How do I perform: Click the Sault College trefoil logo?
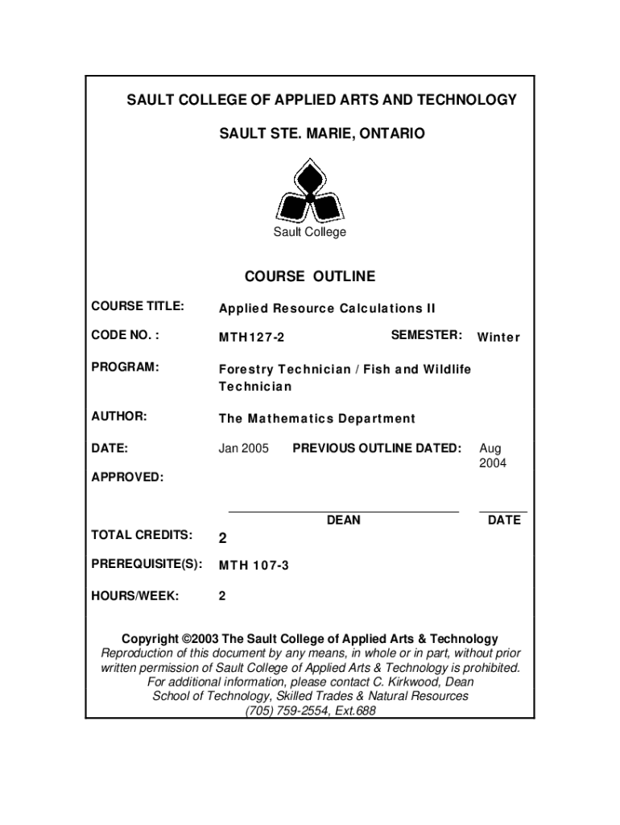tap(309, 191)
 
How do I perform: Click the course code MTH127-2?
tap(251, 338)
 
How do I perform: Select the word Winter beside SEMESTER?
tap(498, 338)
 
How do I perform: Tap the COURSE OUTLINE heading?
tap(309, 276)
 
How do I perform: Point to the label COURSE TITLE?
tap(138, 307)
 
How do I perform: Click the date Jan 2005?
tap(244, 448)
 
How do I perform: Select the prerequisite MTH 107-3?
tap(254, 566)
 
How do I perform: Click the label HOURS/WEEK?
tap(135, 596)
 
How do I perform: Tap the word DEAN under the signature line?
tap(343, 520)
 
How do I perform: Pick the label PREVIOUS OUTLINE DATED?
tap(377, 448)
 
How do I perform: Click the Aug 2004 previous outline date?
tap(492, 455)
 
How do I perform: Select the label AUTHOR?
tap(119, 417)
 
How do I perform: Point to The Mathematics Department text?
tap(317, 418)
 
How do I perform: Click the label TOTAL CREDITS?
tap(142, 535)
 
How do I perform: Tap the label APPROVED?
tap(127, 477)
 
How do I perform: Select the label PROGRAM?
tap(125, 367)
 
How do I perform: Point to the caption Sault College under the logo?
tap(309, 232)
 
